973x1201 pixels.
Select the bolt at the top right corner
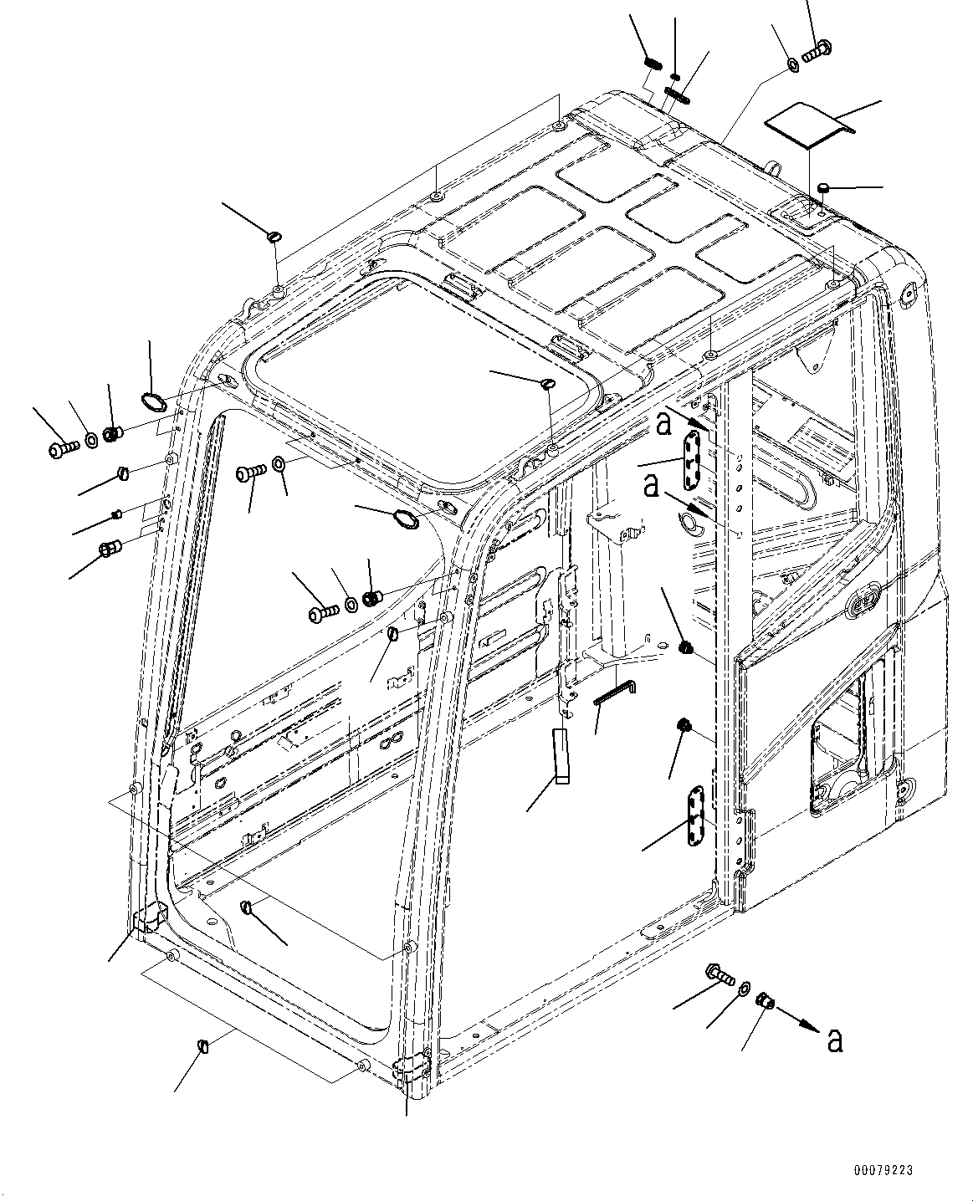[x=815, y=51]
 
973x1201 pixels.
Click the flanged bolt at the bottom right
[x=720, y=974]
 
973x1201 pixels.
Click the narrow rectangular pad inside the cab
[x=561, y=756]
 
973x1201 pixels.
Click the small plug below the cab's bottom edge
[x=202, y=1045]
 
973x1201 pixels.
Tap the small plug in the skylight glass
[x=548, y=384]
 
